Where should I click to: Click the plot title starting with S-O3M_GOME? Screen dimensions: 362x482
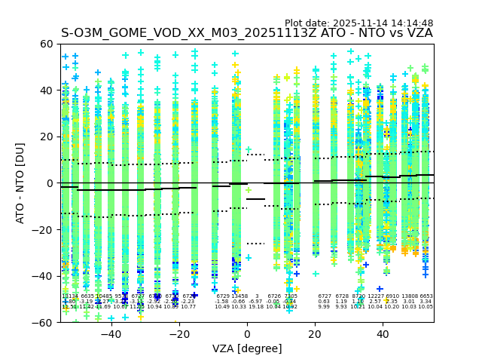point(246,33)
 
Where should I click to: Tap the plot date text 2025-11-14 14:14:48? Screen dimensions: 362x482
point(358,23)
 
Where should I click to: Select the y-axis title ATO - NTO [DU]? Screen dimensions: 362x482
point(20,183)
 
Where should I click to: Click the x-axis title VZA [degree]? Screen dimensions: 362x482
point(246,348)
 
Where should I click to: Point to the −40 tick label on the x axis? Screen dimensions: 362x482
point(111,333)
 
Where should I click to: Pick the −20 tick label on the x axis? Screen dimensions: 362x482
point(178,333)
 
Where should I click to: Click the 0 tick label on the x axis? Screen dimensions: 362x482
point(247,333)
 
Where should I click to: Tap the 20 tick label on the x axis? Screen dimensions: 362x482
point(315,333)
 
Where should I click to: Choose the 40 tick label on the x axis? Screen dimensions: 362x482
point(383,333)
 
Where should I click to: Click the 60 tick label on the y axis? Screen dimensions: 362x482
point(47,44)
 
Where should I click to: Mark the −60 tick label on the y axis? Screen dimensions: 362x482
point(44,322)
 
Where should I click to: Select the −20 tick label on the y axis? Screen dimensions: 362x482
point(44,229)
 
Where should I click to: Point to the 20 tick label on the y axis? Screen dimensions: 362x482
point(47,137)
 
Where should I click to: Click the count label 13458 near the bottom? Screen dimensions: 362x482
point(239,296)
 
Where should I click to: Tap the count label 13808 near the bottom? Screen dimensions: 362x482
point(409,296)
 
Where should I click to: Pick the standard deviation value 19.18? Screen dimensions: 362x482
point(256,307)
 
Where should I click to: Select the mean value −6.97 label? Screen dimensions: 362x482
point(256,302)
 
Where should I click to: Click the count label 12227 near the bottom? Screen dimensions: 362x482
point(375,296)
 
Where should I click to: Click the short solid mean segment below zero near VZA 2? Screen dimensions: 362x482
point(256,199)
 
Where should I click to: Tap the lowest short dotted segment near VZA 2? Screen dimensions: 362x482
point(256,244)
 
